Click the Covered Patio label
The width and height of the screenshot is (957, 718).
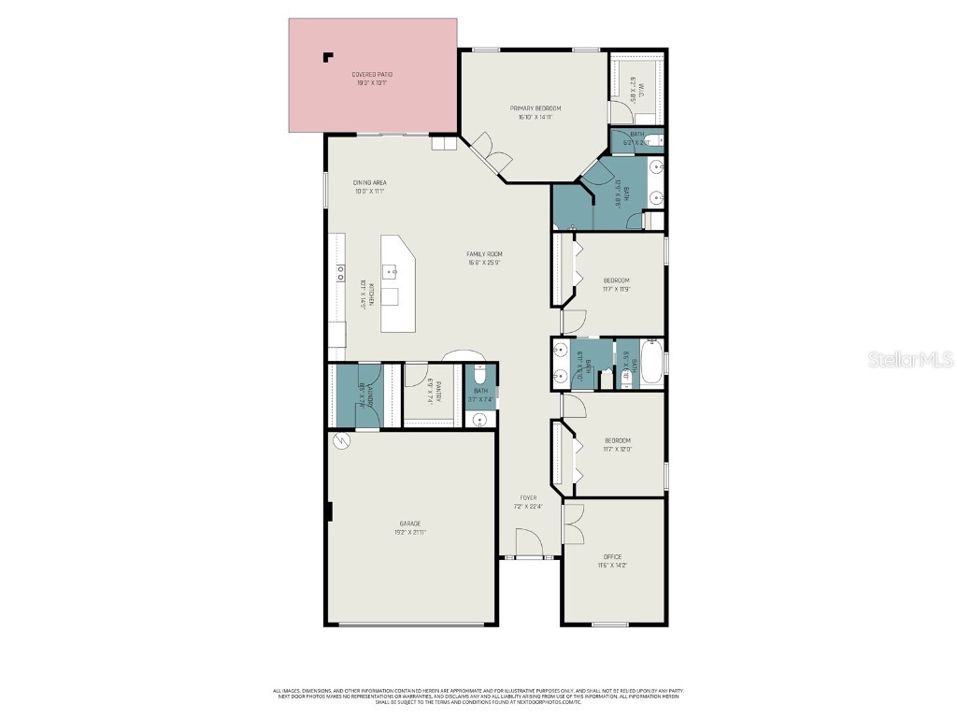tap(370, 74)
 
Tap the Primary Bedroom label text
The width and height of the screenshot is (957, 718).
tap(535, 108)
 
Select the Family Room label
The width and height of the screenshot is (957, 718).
tap(485, 254)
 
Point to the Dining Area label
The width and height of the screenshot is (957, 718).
tap(369, 182)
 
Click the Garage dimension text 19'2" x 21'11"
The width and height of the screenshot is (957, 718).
tap(410, 532)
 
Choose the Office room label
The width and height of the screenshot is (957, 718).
tap(611, 557)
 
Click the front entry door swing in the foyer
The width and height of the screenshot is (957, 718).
tap(528, 542)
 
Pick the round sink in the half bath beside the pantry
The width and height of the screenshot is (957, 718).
tap(480, 420)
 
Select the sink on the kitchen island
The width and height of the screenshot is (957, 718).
tap(393, 273)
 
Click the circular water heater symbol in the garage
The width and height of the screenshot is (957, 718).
tap(341, 441)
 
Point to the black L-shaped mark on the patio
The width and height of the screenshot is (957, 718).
tap(327, 56)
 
